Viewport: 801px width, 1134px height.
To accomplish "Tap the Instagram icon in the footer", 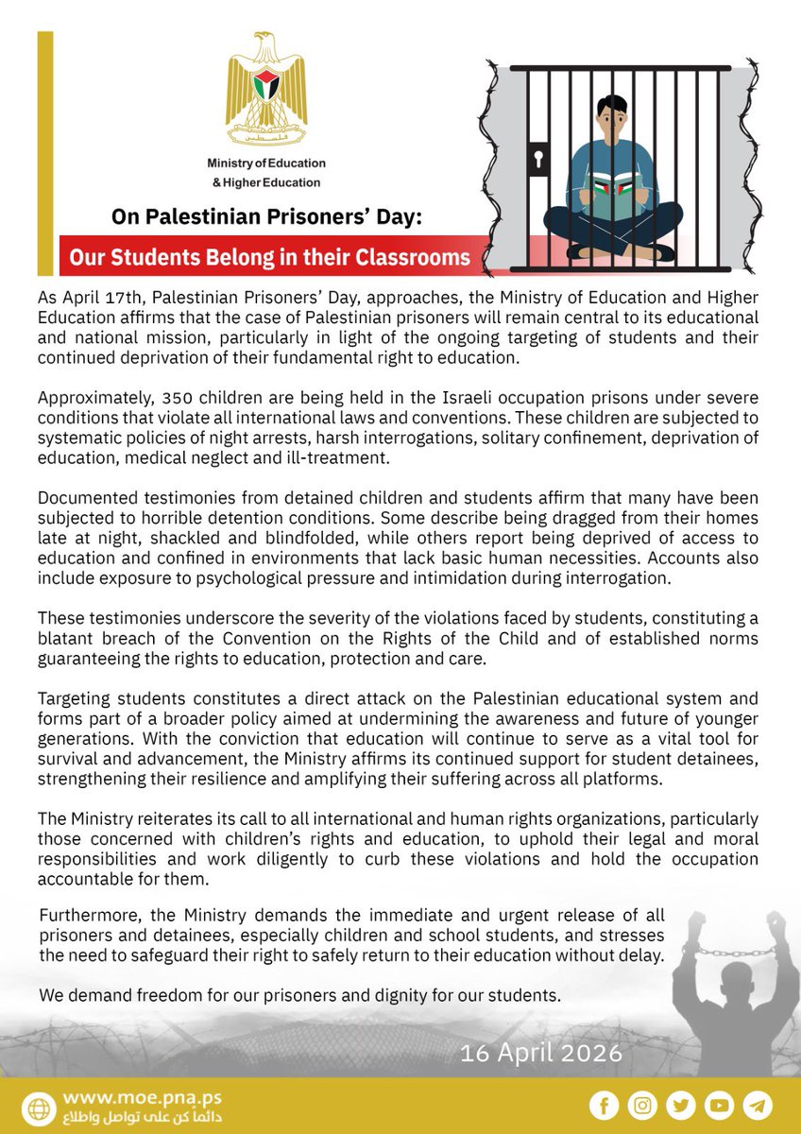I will [x=641, y=1105].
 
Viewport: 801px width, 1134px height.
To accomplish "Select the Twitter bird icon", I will [x=680, y=1105].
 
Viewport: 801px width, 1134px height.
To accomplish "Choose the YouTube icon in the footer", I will [x=719, y=1105].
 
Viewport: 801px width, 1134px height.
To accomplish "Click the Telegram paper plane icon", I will [x=758, y=1105].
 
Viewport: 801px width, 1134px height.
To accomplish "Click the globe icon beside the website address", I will [x=41, y=1107].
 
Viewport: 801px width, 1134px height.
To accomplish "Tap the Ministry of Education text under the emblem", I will [x=265, y=163].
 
